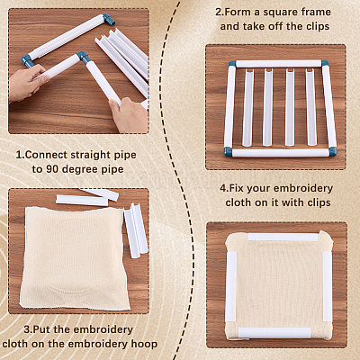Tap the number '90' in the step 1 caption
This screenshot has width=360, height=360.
[x=51, y=169]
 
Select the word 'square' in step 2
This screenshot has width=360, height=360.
[x=282, y=13]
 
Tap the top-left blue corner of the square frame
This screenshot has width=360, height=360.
[x=232, y=64]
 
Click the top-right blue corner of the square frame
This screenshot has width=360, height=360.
[x=324, y=64]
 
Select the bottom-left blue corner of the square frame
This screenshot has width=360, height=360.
[x=229, y=151]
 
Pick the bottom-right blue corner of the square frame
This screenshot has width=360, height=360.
[x=332, y=151]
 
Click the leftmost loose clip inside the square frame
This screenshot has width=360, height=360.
[x=247, y=108]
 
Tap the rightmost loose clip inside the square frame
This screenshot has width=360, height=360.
[x=311, y=108]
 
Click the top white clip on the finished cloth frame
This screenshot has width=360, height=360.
[x=283, y=238]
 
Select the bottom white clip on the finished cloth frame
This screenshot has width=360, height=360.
[x=274, y=332]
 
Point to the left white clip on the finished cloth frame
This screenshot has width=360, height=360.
[x=231, y=285]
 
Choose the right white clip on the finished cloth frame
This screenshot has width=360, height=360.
[x=327, y=285]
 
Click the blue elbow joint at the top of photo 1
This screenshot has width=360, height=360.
[x=109, y=19]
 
